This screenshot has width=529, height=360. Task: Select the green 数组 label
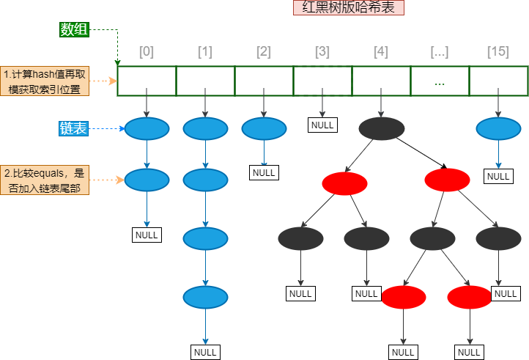pyautogui.click(x=75, y=30)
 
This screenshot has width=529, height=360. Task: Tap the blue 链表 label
pyautogui.click(x=73, y=128)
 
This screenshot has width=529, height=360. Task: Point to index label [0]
pyautogui.click(x=147, y=52)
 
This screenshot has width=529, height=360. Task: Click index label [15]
pyautogui.click(x=498, y=52)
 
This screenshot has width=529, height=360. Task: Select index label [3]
pyautogui.click(x=322, y=52)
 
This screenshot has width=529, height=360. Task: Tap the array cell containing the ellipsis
pyautogui.click(x=440, y=81)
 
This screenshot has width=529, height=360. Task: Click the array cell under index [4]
pyautogui.click(x=381, y=81)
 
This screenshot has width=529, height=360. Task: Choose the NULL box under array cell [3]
pyautogui.click(x=322, y=125)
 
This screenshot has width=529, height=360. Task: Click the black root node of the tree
pyautogui.click(x=381, y=128)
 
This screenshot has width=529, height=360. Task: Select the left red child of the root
pyautogui.click(x=344, y=183)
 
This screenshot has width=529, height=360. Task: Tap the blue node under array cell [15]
pyautogui.click(x=498, y=129)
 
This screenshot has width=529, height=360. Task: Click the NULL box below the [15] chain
pyautogui.click(x=498, y=176)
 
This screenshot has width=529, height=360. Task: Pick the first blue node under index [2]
pyautogui.click(x=264, y=129)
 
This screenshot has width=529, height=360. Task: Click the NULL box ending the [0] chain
pyautogui.click(x=147, y=235)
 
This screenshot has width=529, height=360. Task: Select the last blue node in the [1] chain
pyautogui.click(x=205, y=297)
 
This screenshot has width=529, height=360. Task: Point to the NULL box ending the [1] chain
pyautogui.click(x=205, y=353)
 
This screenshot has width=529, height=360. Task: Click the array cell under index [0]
pyautogui.click(x=147, y=81)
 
